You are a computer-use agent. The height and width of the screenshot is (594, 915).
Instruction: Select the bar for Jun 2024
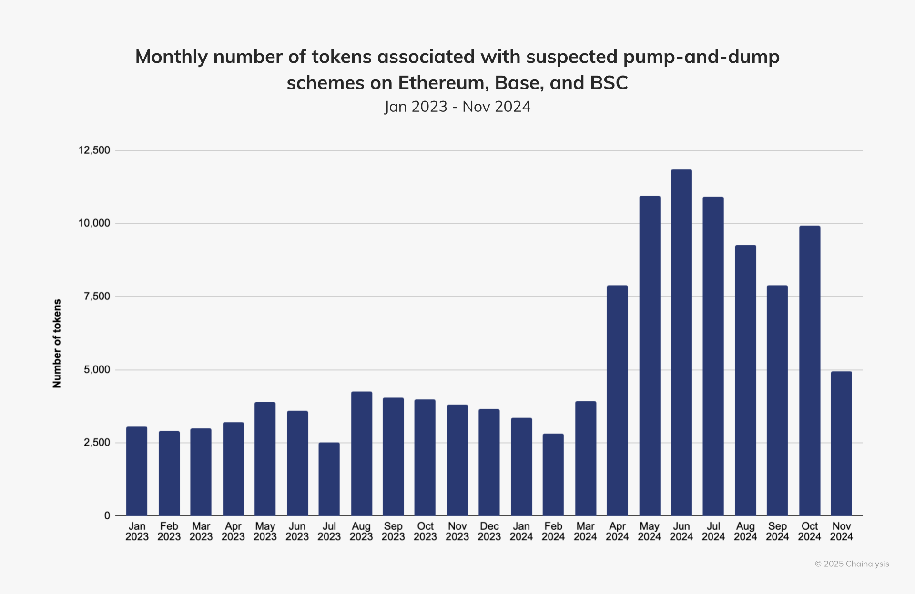tap(681, 343)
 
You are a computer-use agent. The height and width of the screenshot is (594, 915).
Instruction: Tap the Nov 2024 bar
tap(841, 443)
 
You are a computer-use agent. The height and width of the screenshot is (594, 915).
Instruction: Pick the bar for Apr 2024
tap(617, 400)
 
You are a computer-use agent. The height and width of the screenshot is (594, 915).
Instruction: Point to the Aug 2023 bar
tap(361, 453)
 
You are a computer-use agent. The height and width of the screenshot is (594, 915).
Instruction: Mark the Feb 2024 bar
tap(553, 474)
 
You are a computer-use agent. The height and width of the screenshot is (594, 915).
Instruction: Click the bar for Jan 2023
tap(137, 471)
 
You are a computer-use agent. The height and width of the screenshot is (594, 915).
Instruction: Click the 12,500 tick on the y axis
tap(94, 150)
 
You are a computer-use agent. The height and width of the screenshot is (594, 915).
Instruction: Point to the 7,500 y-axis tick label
tap(97, 297)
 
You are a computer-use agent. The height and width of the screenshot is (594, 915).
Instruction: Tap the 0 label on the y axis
tap(107, 515)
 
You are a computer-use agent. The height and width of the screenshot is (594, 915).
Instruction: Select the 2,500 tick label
tap(97, 443)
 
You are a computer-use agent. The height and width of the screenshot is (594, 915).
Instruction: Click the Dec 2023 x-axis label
tap(489, 532)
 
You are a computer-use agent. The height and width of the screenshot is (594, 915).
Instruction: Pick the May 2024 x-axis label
tap(649, 532)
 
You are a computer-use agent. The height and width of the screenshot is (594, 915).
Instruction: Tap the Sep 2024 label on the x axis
tap(777, 532)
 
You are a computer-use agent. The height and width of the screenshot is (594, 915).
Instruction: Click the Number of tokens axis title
tap(57, 343)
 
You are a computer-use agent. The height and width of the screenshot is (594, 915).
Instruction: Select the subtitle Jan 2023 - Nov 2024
tap(457, 107)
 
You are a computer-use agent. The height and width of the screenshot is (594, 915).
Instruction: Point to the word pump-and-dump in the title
tap(701, 57)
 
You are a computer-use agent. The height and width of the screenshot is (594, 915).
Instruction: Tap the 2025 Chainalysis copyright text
tap(852, 564)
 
